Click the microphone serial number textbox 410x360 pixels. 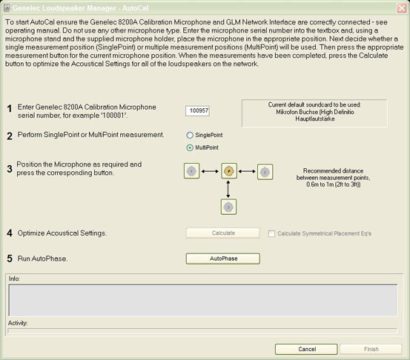pos(199,110)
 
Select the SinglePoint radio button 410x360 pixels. pos(189,136)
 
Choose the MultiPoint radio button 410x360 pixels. pos(189,147)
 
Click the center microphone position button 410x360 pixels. pos(228,172)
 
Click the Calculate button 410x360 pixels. pos(222,233)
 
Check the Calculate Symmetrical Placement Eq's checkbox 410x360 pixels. pos(271,233)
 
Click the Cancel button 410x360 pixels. pos(306,348)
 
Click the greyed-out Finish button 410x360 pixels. pos(371,348)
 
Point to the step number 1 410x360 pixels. pos(10,109)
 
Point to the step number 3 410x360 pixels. pos(10,169)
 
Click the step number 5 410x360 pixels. pos(10,259)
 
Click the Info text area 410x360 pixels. pos(204,300)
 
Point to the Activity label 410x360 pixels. pos(18,323)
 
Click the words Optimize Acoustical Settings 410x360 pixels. pos(62,233)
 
